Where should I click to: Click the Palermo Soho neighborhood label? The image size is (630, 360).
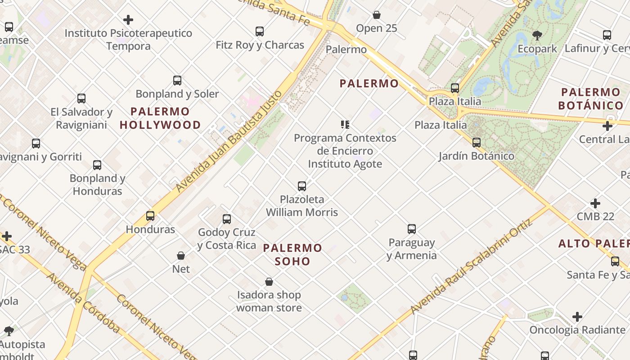(x=292, y=254)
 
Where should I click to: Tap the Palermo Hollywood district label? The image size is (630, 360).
(x=160, y=118)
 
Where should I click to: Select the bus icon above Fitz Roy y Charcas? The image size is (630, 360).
(x=260, y=31)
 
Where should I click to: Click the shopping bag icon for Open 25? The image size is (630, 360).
(x=377, y=15)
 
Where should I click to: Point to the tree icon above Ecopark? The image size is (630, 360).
(x=537, y=35)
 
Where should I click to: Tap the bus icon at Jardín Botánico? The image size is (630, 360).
(x=477, y=143)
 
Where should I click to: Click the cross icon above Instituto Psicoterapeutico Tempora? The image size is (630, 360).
(x=128, y=20)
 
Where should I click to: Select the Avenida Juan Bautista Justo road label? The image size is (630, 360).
(x=229, y=141)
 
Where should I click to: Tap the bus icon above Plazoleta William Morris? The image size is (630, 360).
(x=302, y=186)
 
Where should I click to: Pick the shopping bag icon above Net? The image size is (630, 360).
(x=181, y=256)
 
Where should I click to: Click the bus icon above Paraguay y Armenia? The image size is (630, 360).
(x=412, y=229)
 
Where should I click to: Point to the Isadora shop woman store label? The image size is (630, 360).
(x=269, y=301)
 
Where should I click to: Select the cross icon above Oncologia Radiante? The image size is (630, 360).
(x=577, y=317)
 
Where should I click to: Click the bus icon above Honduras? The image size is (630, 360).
(x=150, y=216)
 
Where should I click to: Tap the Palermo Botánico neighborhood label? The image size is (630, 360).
(x=590, y=99)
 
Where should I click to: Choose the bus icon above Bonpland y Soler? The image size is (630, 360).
(x=177, y=81)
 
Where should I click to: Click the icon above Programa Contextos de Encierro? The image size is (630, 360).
(x=345, y=125)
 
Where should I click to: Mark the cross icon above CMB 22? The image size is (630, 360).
(x=595, y=203)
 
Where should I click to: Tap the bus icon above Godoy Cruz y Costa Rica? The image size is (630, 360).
(x=227, y=219)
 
